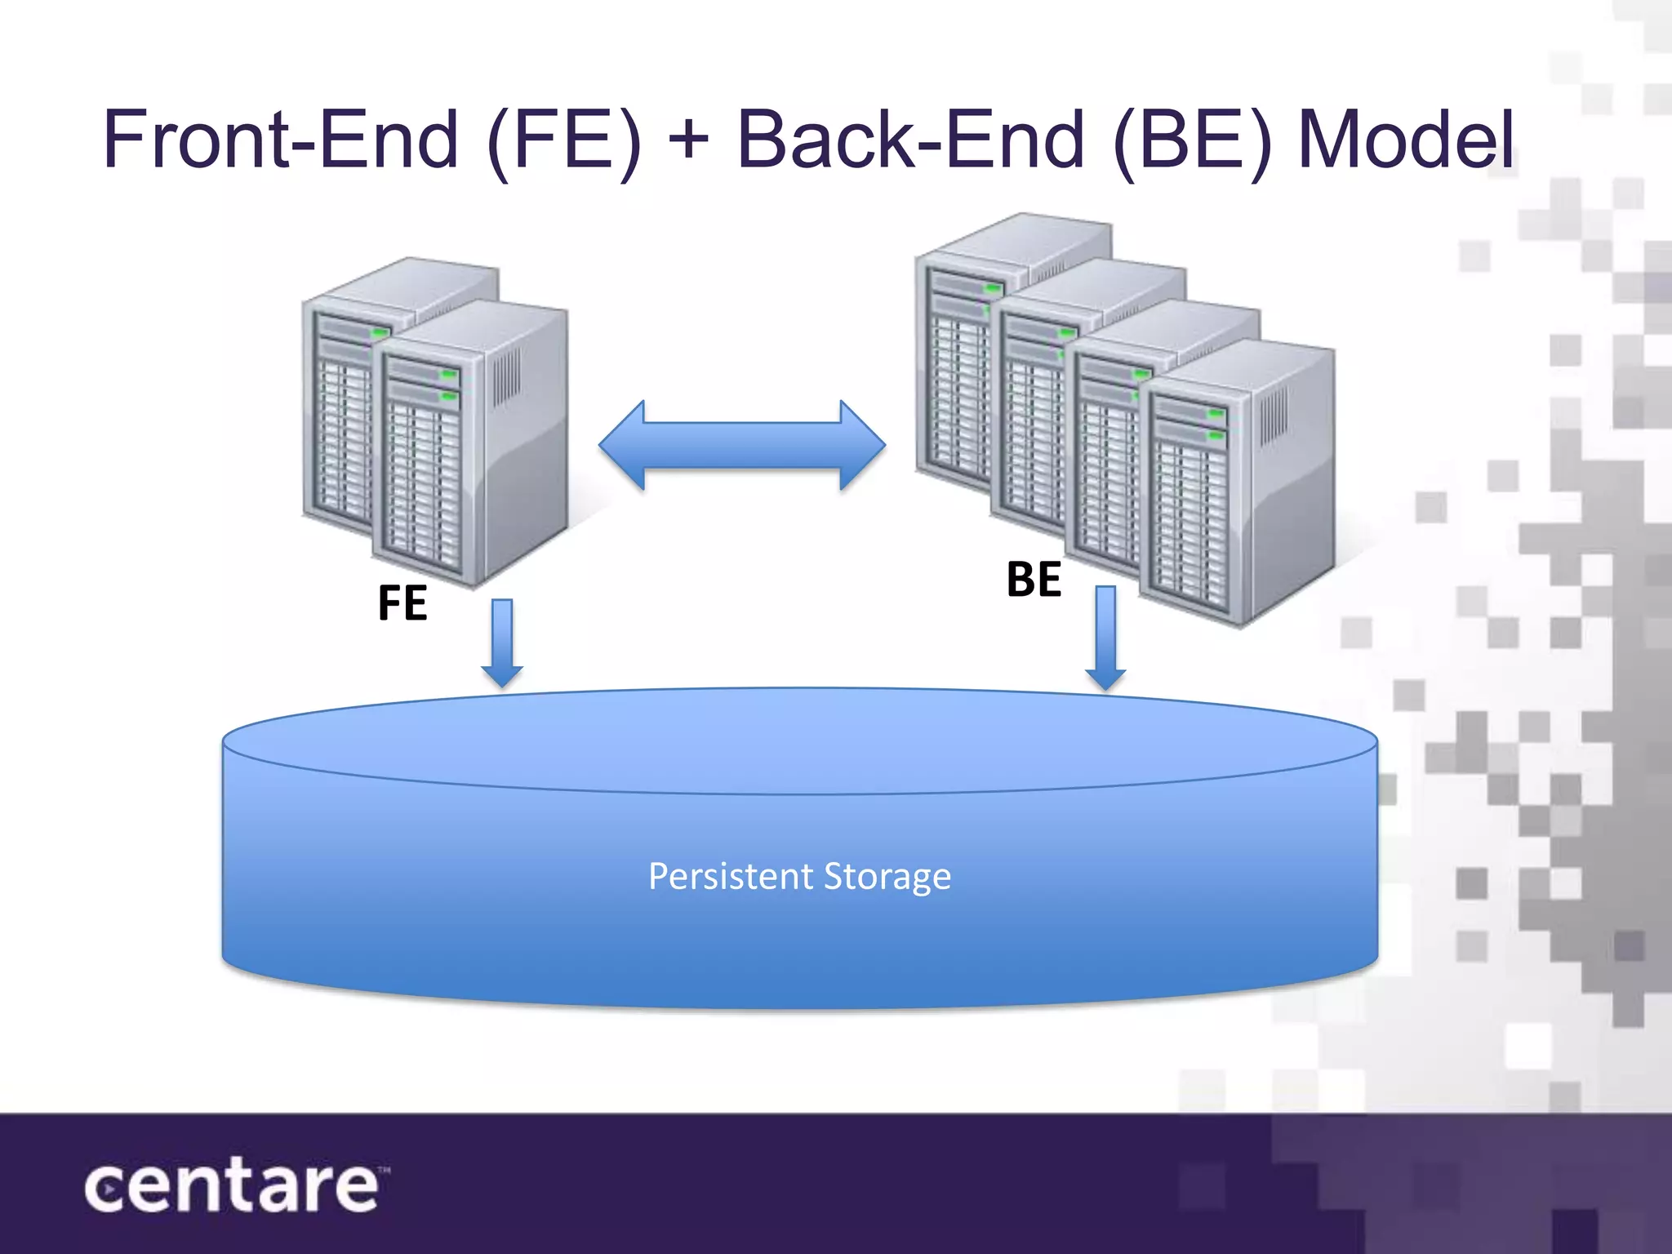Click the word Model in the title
pos(1406,140)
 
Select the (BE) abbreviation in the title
pos(1192,140)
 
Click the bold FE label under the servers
pos(402,603)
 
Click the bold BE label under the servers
pos(1034,580)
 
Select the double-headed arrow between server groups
pos(741,445)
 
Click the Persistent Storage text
pos(799,877)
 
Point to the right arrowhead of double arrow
pos(862,445)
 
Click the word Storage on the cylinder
pos(887,877)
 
